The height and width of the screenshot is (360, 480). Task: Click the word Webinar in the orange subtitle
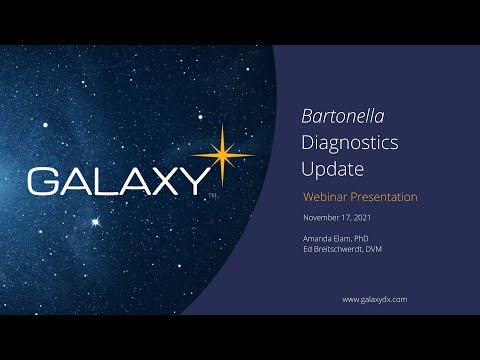tap(325, 197)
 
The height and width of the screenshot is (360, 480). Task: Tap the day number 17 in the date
tap(352, 217)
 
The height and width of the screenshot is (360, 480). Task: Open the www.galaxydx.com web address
tap(374, 299)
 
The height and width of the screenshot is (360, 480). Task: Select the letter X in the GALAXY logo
tap(159, 181)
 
